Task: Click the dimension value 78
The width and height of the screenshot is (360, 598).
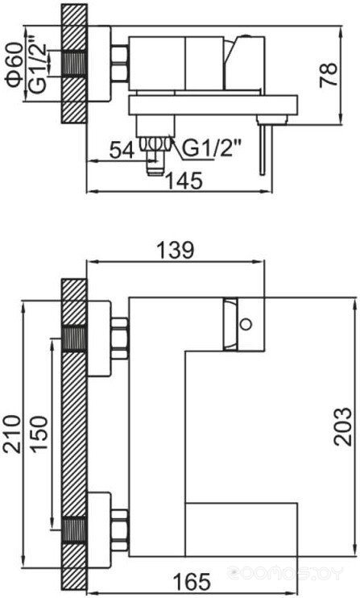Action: tap(329, 75)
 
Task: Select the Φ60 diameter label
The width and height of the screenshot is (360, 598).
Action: tap(14, 64)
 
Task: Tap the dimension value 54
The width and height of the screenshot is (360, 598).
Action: tap(122, 150)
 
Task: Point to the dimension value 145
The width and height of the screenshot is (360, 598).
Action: tap(184, 181)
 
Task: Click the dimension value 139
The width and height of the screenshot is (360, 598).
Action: tap(176, 250)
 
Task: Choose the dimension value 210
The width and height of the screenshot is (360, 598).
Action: tap(12, 434)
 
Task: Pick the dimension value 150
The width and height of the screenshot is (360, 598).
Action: tap(39, 434)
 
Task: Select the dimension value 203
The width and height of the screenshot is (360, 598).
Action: tap(342, 427)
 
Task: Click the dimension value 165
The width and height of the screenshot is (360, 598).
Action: tap(192, 581)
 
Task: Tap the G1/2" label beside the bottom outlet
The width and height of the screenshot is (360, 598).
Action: tap(212, 148)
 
